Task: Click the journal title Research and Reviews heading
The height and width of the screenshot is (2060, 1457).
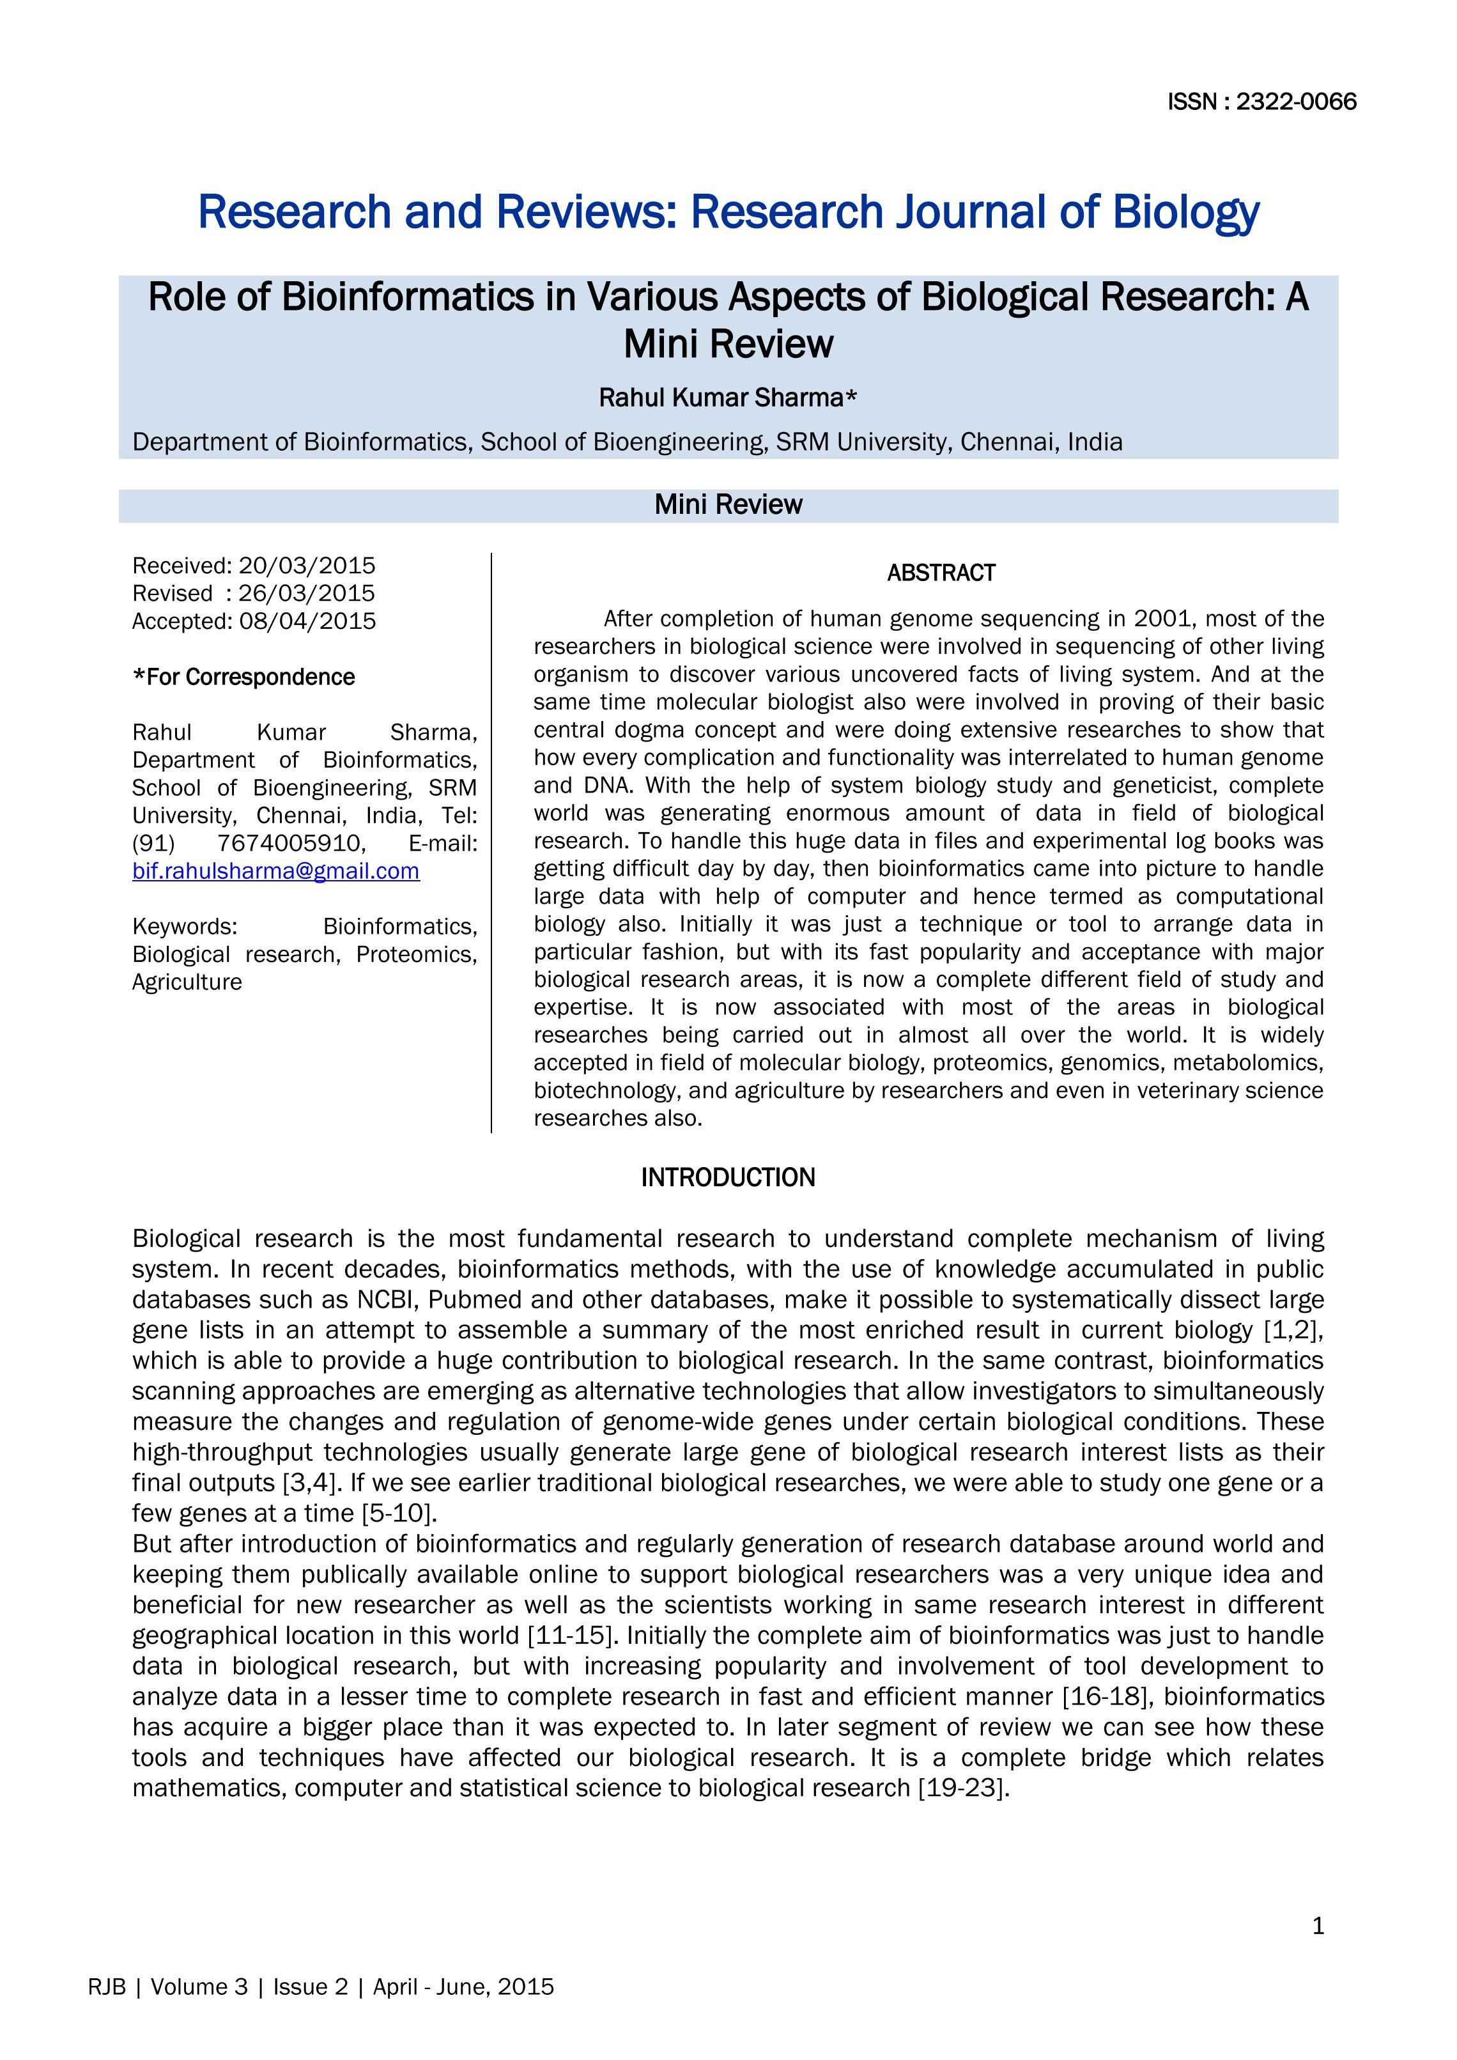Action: tap(728, 213)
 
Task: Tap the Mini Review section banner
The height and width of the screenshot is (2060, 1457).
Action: tap(728, 505)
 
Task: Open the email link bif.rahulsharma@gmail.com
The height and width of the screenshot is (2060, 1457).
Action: tap(275, 871)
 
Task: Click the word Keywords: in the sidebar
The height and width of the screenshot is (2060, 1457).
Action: tap(185, 927)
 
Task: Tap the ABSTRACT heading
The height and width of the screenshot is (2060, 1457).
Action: tap(941, 573)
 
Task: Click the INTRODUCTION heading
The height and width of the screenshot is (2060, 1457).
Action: tap(728, 1178)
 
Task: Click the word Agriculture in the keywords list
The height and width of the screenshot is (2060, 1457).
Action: tap(187, 982)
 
